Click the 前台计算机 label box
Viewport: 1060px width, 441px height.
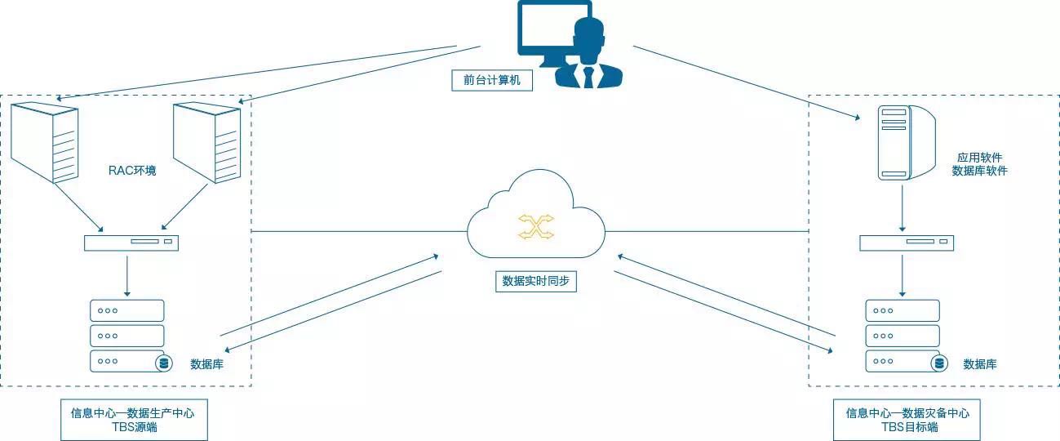click(x=492, y=80)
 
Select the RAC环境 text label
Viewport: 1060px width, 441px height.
click(x=132, y=171)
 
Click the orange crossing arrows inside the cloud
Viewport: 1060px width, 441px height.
click(x=536, y=227)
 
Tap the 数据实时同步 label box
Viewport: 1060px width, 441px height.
click(x=536, y=281)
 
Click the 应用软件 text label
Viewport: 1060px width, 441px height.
click(x=979, y=157)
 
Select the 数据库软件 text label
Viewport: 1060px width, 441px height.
click(x=979, y=171)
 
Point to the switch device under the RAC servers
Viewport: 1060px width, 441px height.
click(x=131, y=243)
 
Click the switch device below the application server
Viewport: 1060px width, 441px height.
click(x=906, y=243)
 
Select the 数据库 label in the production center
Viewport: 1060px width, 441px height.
click(x=206, y=364)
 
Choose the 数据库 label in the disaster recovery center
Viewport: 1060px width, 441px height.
click(x=979, y=364)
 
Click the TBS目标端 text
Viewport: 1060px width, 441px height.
click(x=907, y=427)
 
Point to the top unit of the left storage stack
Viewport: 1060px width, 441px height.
click(x=126, y=310)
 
